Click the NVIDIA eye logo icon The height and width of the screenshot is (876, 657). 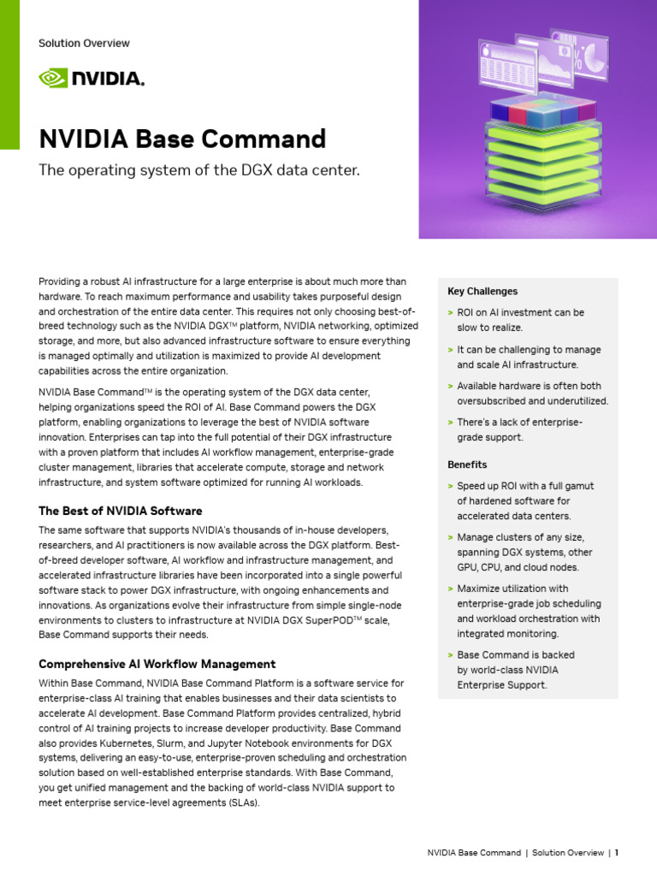point(53,79)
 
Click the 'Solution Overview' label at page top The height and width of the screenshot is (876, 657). point(84,44)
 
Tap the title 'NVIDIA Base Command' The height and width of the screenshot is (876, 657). point(182,139)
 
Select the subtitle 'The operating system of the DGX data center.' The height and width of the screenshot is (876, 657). point(199,171)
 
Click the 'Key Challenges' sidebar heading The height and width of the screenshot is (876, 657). point(482,292)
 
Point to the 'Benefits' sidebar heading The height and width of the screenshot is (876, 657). point(466,465)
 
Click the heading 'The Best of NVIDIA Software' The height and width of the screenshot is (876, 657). point(121,511)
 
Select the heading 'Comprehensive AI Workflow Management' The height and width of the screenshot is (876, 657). point(157,664)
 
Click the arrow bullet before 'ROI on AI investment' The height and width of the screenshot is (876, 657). point(450,313)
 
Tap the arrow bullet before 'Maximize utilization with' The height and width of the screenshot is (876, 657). point(450,589)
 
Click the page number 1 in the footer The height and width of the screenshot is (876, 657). point(616,853)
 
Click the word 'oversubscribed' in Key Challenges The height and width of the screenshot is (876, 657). point(494,400)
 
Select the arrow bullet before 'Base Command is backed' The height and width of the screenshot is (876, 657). point(450,655)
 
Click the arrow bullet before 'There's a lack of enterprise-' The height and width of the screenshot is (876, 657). point(450,423)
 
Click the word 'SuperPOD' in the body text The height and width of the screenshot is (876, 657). point(323,620)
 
